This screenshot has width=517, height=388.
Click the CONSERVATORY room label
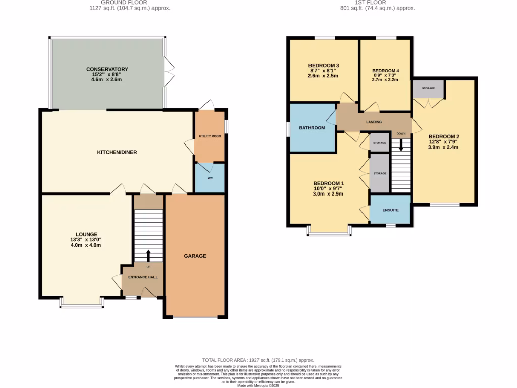pos(107,69)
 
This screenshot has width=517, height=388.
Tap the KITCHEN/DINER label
pos(118,152)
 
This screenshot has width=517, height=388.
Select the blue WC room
pos(210,178)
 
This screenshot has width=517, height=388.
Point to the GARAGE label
pos(195,256)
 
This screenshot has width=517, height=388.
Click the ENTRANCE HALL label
pos(142,277)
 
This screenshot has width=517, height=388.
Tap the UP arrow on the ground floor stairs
pos(148,256)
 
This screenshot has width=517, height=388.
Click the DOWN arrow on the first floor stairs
pos(401,145)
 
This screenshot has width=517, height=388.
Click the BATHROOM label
pos(312,128)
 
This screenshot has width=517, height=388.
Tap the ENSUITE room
pos(390,210)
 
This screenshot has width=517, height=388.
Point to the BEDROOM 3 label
pos(323,66)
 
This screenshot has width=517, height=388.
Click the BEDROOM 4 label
pos(385,71)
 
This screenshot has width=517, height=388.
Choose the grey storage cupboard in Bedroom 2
pos(428,88)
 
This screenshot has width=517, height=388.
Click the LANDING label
pos(374,122)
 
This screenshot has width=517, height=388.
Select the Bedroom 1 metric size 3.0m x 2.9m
pos(328,193)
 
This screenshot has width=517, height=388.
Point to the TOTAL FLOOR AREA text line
pos(258,360)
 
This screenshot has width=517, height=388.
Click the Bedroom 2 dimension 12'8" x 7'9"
pos(444,142)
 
